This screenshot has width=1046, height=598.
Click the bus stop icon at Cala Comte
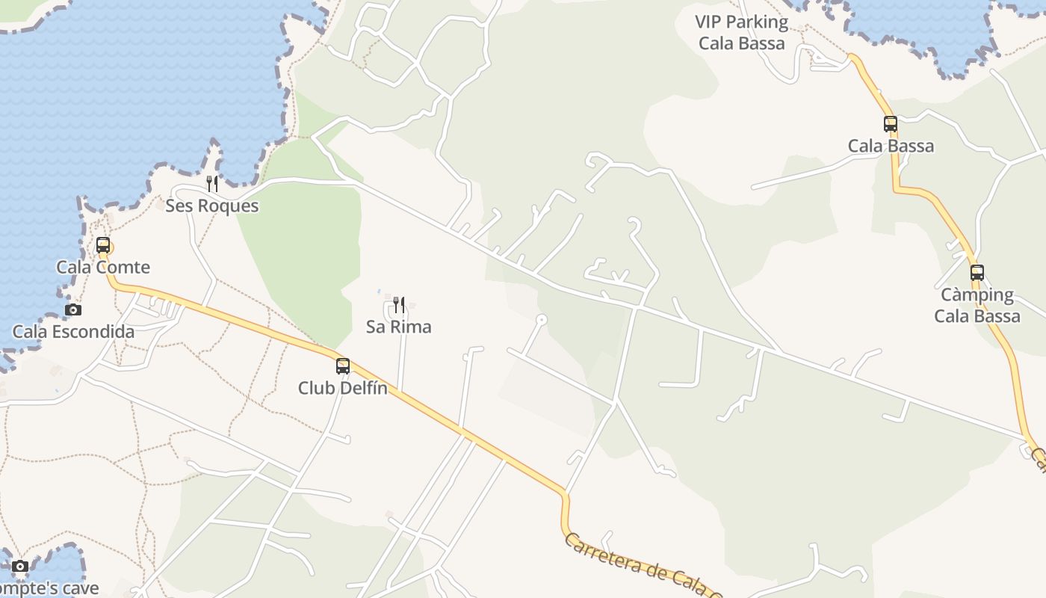click(103, 245)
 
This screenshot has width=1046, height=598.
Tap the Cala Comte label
click(103, 267)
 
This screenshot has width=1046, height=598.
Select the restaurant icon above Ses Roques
click(212, 183)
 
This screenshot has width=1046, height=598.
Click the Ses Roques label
click(212, 206)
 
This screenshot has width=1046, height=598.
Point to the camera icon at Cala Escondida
click(73, 309)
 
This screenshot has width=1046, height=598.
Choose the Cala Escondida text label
click(73, 331)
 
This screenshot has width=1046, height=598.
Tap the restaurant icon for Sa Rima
click(399, 304)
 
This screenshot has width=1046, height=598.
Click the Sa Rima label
click(399, 327)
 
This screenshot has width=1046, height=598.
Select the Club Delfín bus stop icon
click(343, 366)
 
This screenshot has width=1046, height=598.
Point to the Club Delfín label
click(343, 388)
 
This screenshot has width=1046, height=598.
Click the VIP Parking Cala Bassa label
click(741, 32)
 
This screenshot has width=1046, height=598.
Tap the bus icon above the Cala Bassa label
click(891, 124)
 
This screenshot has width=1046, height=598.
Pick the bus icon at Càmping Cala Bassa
click(977, 273)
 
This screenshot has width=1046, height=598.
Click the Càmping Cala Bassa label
click(977, 305)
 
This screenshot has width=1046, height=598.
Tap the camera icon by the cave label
click(20, 566)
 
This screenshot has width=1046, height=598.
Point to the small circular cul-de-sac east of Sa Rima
click(542, 320)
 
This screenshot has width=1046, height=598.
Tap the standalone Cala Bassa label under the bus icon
click(891, 146)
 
